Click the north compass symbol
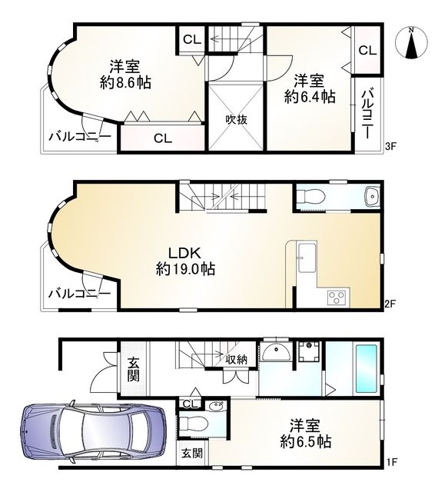click(x=412, y=45)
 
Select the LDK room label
click(x=185, y=253)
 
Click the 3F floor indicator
click(x=390, y=145)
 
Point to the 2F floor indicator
click(x=390, y=304)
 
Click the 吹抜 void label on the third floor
click(x=235, y=120)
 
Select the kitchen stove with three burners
click(x=337, y=296)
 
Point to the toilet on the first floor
click(x=194, y=422)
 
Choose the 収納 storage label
click(x=236, y=360)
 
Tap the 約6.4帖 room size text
click(x=310, y=97)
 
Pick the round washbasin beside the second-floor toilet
click(x=372, y=196)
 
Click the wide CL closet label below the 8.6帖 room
click(x=161, y=138)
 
